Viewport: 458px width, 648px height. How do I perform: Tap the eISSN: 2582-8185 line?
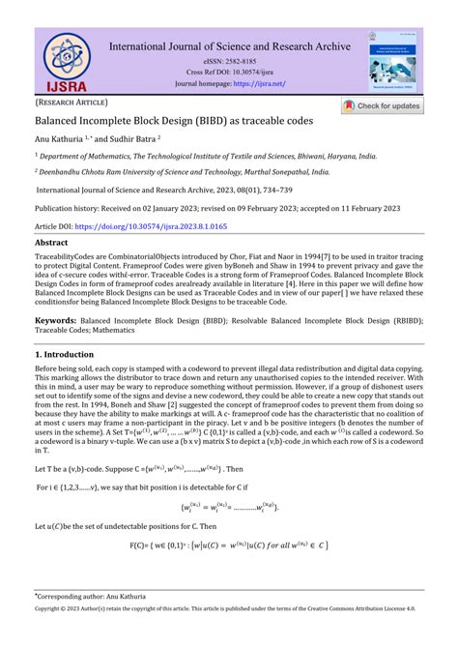coord(231,60)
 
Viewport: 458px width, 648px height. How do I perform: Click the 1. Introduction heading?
coord(71,357)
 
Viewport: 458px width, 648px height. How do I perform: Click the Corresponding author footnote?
coord(89,626)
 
